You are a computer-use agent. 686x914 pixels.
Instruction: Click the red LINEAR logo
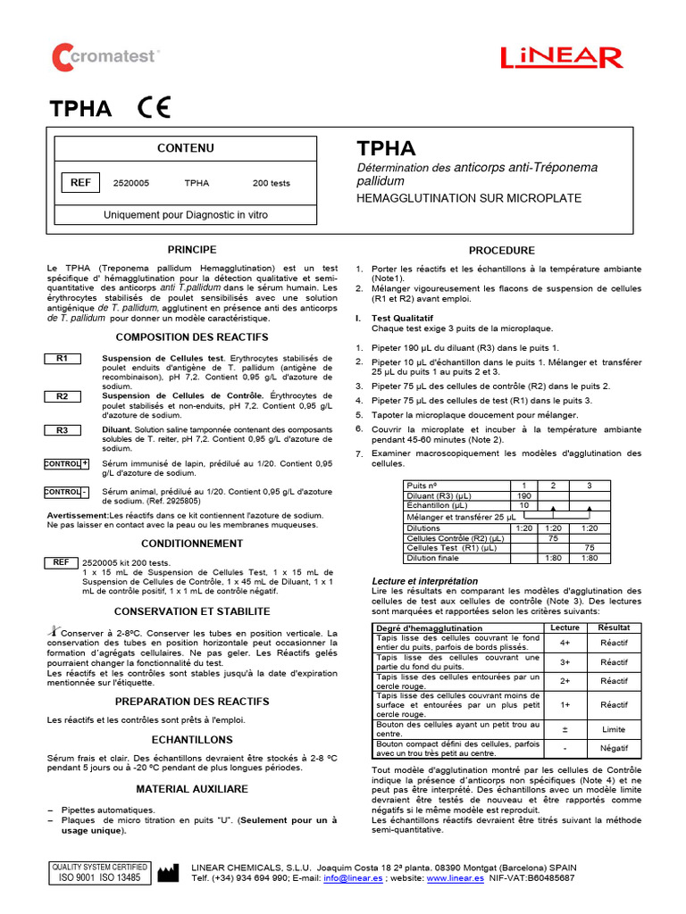tap(562, 58)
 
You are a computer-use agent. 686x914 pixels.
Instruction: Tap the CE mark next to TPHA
tap(153, 108)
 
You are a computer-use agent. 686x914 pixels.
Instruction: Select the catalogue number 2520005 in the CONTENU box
tap(131, 183)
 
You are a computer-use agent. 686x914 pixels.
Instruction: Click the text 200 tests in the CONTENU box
tap(272, 183)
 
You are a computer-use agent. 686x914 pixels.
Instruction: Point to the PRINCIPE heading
tap(192, 249)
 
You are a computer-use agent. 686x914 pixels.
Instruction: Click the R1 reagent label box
tap(63, 358)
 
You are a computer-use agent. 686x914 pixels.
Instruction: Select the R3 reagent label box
tap(63, 430)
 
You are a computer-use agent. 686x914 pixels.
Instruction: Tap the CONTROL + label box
tap(67, 464)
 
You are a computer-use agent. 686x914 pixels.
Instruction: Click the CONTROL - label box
tap(67, 492)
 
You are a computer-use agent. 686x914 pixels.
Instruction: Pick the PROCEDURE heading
tap(501, 251)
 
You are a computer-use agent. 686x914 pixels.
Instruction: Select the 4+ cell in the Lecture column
tap(565, 642)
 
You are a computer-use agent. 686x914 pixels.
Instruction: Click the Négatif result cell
tap(614, 747)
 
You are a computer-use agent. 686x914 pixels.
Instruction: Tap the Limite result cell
tap(614, 728)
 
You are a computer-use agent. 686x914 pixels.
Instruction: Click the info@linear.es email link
tap(353, 878)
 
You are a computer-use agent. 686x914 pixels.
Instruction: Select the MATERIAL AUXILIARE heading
tap(192, 789)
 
